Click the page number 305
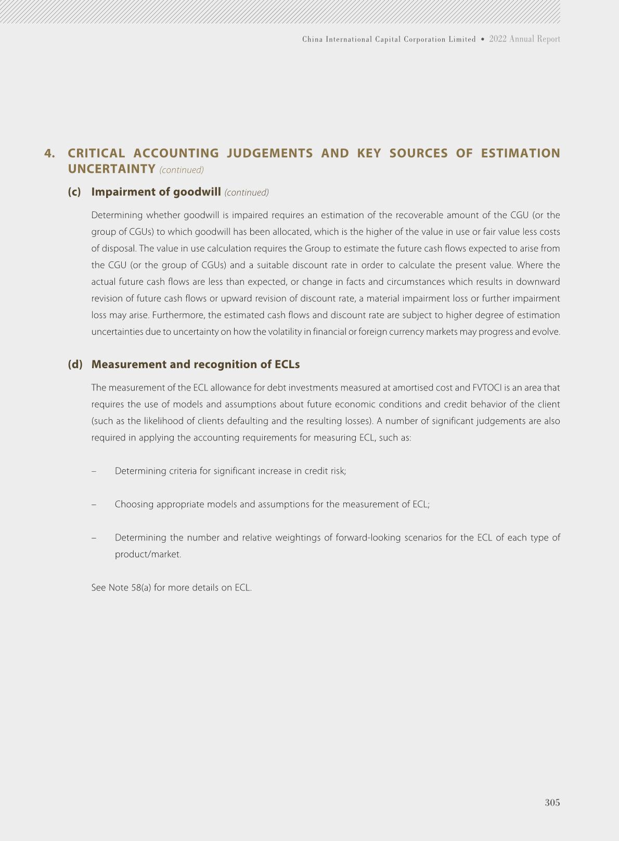click(x=552, y=802)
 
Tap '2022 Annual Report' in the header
click(x=524, y=39)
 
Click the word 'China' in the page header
click(x=312, y=40)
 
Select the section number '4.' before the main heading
click(x=50, y=154)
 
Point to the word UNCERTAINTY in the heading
click(x=111, y=169)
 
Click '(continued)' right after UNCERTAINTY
click(x=182, y=170)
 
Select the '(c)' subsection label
click(x=74, y=192)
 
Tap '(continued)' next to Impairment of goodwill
click(x=247, y=193)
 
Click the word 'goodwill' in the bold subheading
click(x=197, y=192)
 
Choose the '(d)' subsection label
click(x=75, y=365)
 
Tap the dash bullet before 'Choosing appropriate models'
click(x=94, y=504)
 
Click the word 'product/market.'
click(x=148, y=554)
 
